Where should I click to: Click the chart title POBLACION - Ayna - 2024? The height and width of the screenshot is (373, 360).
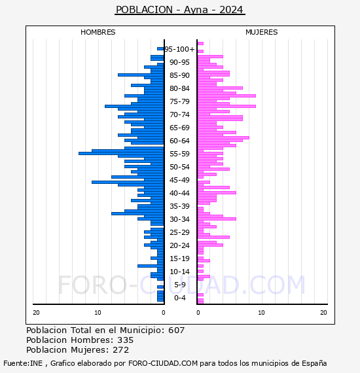click(x=179, y=10)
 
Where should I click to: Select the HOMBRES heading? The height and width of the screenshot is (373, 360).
click(x=98, y=32)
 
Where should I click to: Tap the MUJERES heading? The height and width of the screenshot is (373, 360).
click(x=262, y=32)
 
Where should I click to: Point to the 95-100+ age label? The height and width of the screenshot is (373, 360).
click(x=179, y=49)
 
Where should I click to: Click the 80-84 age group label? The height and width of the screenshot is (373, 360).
click(x=179, y=88)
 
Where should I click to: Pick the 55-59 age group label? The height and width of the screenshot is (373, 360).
click(x=179, y=154)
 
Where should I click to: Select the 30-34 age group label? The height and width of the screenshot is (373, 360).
click(x=179, y=219)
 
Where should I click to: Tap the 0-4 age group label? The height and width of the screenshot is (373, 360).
click(x=179, y=298)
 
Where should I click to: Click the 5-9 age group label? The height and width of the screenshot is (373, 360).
click(x=179, y=285)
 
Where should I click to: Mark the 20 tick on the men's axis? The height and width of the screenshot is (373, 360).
click(x=36, y=313)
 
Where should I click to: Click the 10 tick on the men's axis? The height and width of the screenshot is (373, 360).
click(x=98, y=313)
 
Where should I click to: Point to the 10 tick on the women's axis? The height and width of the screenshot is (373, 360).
click(x=261, y=313)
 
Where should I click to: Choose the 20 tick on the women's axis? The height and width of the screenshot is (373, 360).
click(x=323, y=313)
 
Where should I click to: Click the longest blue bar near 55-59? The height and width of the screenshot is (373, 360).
click(x=121, y=153)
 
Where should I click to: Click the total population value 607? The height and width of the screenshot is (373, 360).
click(x=176, y=330)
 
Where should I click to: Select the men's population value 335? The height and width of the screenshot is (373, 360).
click(x=126, y=340)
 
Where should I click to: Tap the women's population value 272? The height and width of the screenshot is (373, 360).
click(x=121, y=349)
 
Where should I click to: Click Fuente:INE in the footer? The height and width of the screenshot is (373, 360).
click(x=23, y=363)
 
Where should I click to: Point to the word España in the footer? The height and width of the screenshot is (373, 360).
click(x=314, y=363)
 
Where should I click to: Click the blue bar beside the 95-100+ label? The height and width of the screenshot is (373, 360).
click(x=160, y=49)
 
